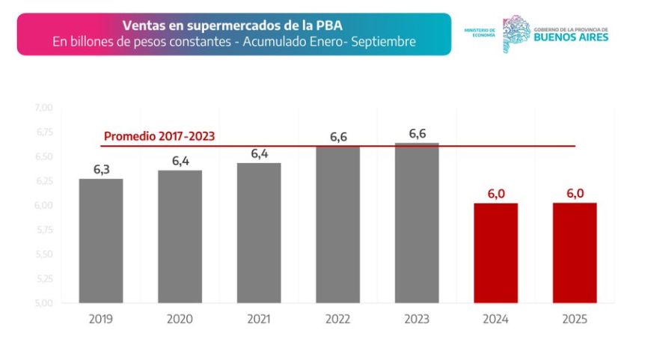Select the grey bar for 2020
click(x=180, y=237)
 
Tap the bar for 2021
click(x=259, y=233)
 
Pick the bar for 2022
click(x=337, y=225)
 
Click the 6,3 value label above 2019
click(x=101, y=170)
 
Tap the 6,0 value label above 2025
click(x=575, y=194)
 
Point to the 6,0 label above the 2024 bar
click(x=496, y=194)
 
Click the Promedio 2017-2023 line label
click(x=159, y=137)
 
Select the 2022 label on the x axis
click(x=337, y=320)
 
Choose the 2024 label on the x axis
click(x=496, y=320)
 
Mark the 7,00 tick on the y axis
click(x=43, y=109)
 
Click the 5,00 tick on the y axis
click(x=43, y=303)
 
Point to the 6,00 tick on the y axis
click(x=43, y=206)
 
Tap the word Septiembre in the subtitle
click(x=382, y=42)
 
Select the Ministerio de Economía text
click(x=480, y=32)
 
